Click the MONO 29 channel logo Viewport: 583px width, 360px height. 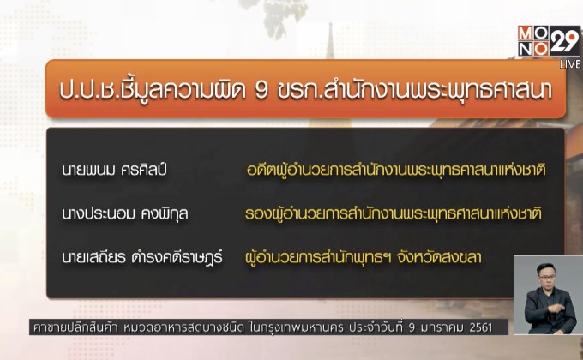[548, 40]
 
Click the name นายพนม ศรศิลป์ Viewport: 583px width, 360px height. [113, 170]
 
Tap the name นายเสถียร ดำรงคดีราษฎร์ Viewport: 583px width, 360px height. [141, 255]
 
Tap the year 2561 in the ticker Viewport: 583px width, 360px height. [491, 327]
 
